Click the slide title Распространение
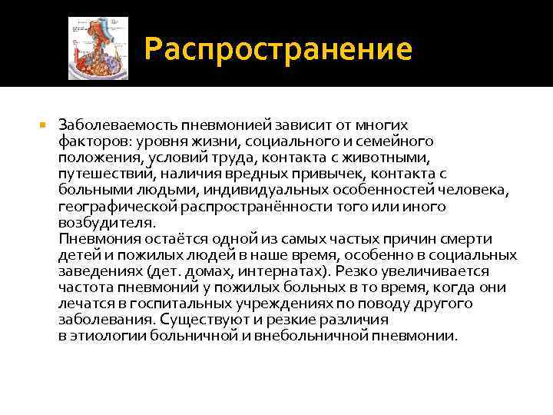click(x=278, y=51)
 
